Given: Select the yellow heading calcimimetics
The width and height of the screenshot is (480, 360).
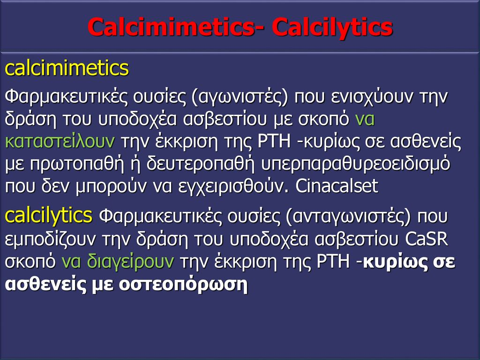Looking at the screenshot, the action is point(67,68).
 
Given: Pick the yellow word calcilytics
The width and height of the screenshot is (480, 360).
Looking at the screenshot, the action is point(48,216).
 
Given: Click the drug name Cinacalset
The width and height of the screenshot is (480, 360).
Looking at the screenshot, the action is point(337,186).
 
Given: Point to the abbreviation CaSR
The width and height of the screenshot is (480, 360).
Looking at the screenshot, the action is point(427,239).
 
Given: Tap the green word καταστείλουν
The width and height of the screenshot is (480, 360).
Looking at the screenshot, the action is point(60,142).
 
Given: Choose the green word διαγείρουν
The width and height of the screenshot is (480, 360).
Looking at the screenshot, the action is point(130,262).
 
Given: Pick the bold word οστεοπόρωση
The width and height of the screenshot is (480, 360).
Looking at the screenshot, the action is point(183,285).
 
